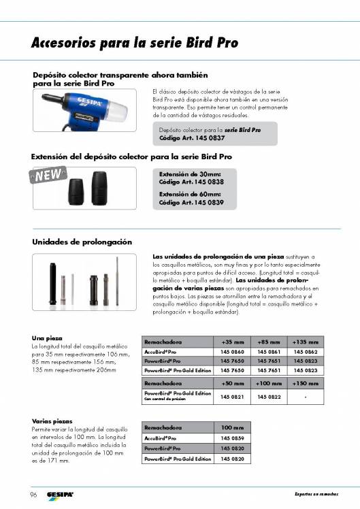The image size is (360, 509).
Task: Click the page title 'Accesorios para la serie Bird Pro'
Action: click(x=135, y=43)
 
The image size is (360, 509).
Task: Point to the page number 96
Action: click(x=33, y=493)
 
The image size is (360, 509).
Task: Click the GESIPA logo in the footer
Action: click(x=61, y=493)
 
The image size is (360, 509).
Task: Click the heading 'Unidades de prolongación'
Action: click(x=82, y=242)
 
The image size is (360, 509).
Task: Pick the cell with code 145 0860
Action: click(x=233, y=351)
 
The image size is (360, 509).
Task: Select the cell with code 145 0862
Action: click(x=305, y=351)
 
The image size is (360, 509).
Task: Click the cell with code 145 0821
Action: click(x=233, y=396)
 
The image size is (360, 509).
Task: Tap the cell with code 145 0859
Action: click(x=233, y=439)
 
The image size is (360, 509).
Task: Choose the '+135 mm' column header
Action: click(x=305, y=341)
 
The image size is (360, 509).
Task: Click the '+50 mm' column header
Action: click(x=233, y=384)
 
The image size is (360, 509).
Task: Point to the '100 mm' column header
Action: click(x=233, y=427)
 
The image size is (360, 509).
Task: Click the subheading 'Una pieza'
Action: click(x=48, y=338)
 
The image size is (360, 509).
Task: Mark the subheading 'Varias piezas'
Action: click(x=52, y=421)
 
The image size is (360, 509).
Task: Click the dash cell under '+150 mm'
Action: click(x=305, y=396)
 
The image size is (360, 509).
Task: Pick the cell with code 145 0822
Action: click(x=269, y=396)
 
